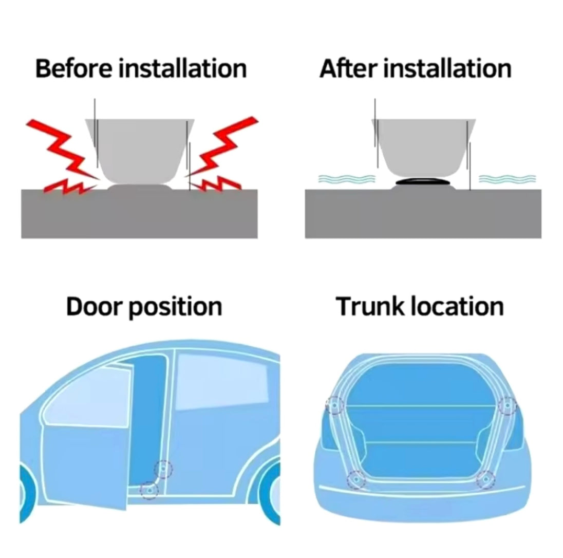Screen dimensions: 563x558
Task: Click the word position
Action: click(175, 308)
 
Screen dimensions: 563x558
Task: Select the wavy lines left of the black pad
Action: click(347, 178)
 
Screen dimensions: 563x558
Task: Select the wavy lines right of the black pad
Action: click(508, 178)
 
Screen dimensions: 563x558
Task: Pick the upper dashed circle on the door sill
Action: click(163, 469)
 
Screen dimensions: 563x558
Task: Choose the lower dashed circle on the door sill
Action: click(148, 490)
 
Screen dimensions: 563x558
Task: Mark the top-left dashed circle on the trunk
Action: click(334, 405)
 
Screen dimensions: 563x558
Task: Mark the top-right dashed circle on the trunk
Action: click(508, 405)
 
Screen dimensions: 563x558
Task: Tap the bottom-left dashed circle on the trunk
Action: click(356, 479)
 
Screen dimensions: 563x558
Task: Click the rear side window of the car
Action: click(222, 382)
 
